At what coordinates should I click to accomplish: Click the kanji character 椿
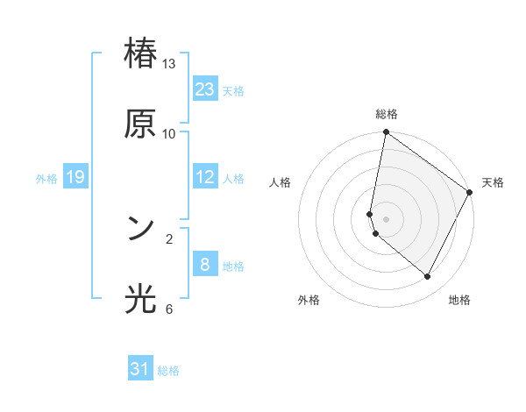click(140, 53)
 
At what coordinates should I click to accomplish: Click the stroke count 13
click(169, 64)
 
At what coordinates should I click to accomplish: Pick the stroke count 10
click(169, 134)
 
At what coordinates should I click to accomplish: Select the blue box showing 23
click(205, 89)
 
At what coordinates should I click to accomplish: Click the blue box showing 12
click(205, 177)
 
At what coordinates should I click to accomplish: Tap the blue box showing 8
click(205, 265)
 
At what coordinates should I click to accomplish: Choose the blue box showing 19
click(75, 177)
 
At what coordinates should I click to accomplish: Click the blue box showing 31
click(140, 369)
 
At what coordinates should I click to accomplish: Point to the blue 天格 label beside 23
click(233, 91)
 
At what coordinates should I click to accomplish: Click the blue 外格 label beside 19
click(46, 179)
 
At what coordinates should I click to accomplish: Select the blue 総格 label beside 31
click(168, 371)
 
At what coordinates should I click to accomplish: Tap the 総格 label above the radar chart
click(387, 114)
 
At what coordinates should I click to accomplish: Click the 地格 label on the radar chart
click(459, 300)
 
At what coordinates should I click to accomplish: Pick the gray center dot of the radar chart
click(387, 219)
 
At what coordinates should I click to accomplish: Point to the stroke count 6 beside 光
click(169, 309)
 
